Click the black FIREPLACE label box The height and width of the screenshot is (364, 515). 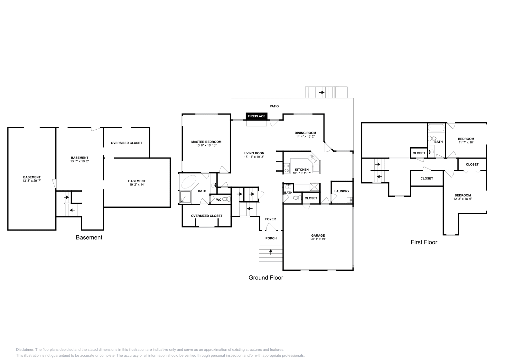(257, 116)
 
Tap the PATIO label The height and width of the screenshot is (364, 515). (274, 106)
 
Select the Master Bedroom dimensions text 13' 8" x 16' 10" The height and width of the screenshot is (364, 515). (206, 145)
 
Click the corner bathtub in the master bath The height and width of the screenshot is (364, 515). (189, 182)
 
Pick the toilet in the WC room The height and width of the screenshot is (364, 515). (226, 199)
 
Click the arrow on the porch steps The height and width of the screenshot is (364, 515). (271, 252)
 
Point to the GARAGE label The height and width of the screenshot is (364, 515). (318, 235)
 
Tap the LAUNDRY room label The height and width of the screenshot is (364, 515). (342, 191)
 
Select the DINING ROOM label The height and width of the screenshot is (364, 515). (305, 133)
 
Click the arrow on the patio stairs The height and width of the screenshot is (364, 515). (322, 92)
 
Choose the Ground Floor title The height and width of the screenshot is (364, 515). (266, 278)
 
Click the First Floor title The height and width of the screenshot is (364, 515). (424, 242)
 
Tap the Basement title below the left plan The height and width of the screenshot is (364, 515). (89, 237)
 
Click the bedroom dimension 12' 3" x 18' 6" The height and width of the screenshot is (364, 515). (463, 199)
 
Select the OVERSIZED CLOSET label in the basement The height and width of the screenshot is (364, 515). (126, 143)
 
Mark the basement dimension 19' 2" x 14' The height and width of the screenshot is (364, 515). (136, 185)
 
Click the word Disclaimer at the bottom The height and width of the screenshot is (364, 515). (24, 350)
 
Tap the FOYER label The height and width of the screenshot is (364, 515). (270, 219)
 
